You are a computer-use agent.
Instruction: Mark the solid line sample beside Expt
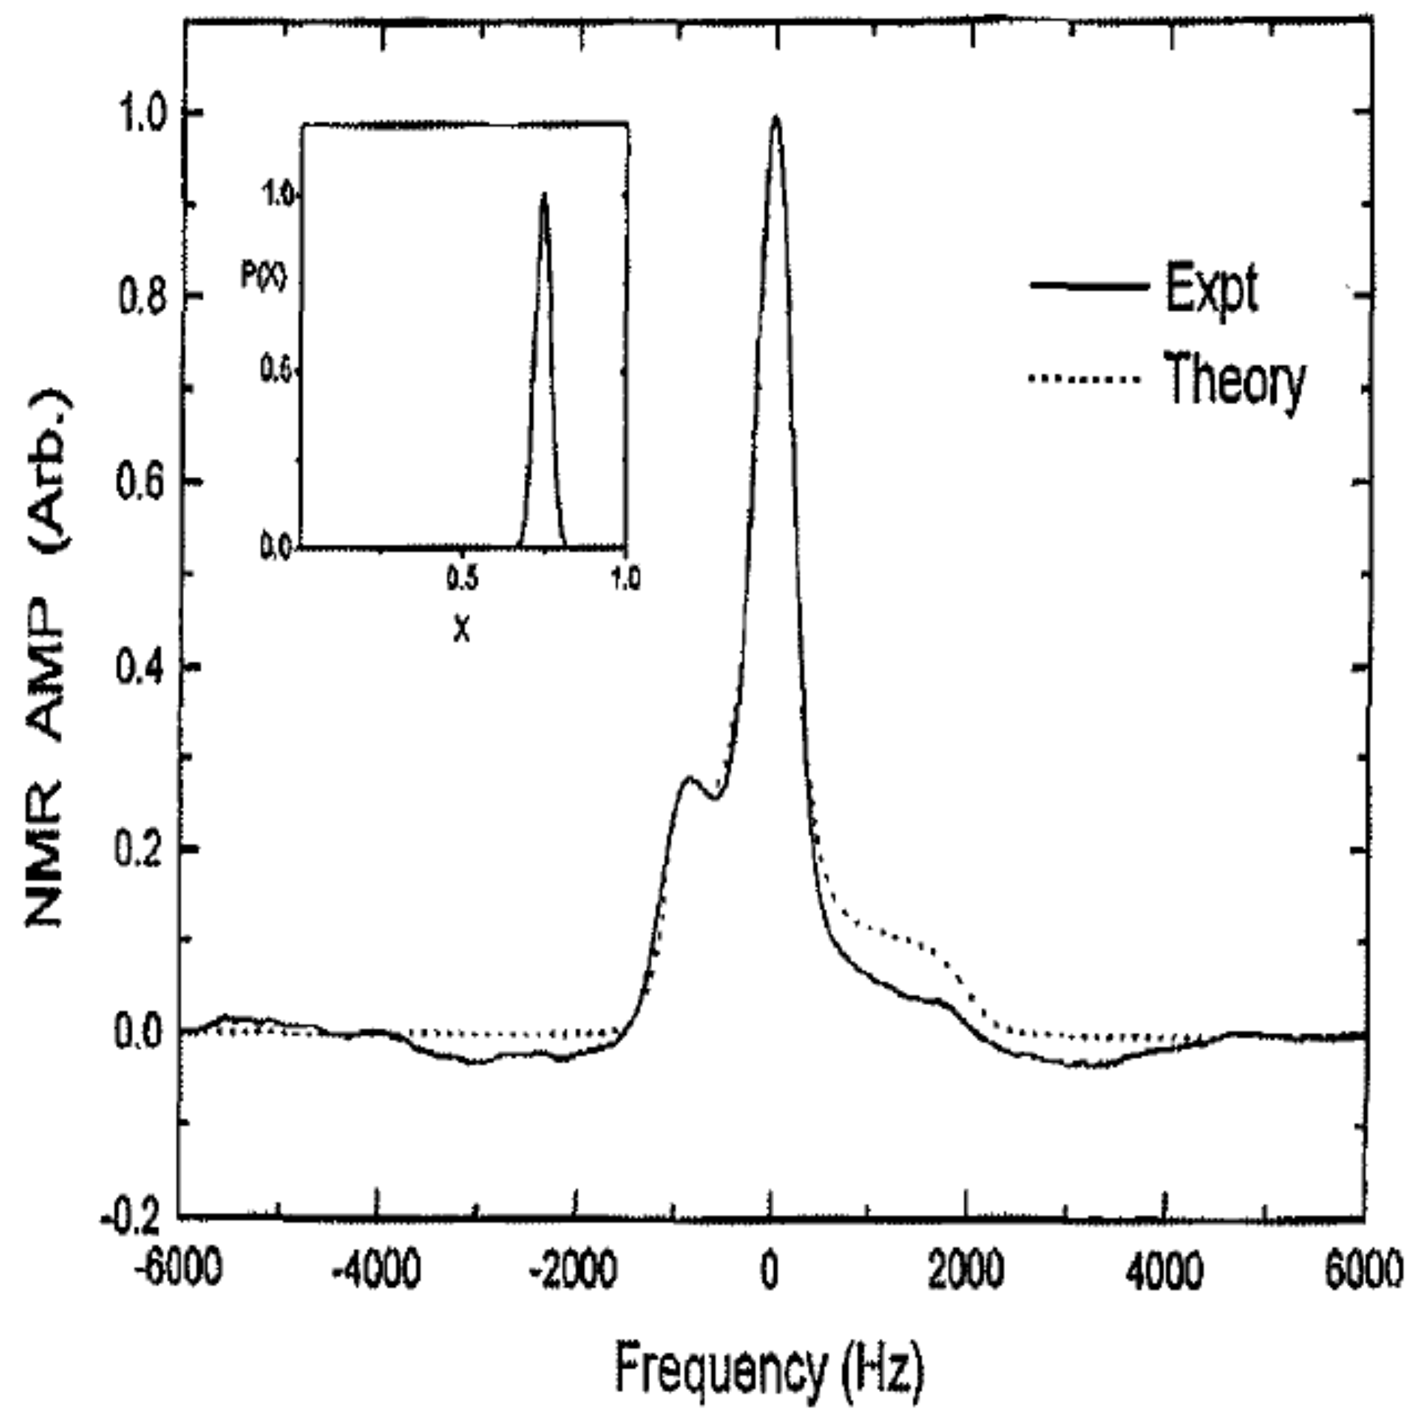[x=1090, y=286]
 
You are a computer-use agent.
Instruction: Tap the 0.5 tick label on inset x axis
[x=461, y=579]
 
